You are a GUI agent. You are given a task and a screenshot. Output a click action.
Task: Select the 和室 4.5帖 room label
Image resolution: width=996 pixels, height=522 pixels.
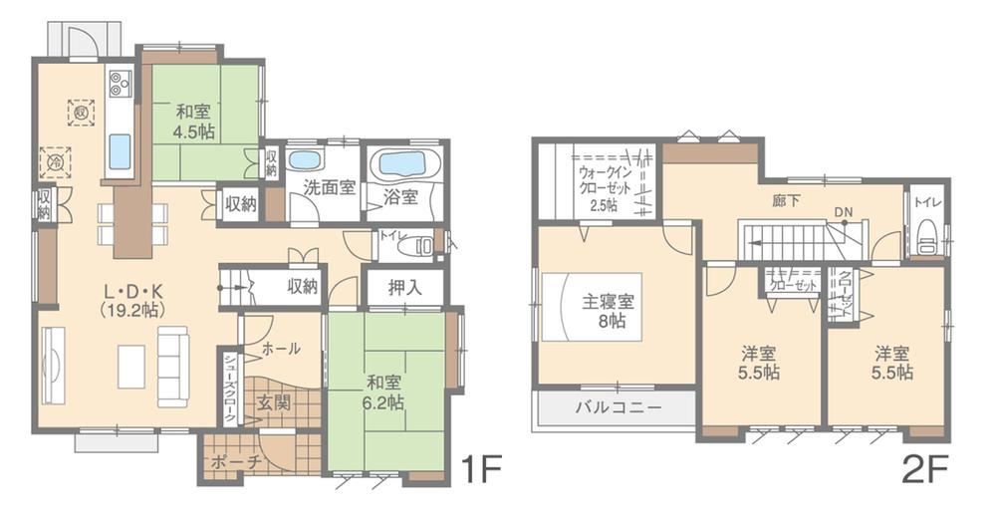pos(194,121)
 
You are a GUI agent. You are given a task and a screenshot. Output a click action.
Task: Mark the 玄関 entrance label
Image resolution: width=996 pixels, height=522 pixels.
pos(274,402)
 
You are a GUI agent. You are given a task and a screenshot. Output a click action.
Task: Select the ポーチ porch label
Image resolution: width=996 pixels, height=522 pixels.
pos(237,463)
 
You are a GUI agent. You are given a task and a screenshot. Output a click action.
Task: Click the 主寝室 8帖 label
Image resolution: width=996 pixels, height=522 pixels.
pos(610,311)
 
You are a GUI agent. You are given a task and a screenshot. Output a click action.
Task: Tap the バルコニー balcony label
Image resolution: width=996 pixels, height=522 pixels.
pos(618,407)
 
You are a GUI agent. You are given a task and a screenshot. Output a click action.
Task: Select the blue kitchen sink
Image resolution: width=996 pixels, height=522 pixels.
pos(120,151)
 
